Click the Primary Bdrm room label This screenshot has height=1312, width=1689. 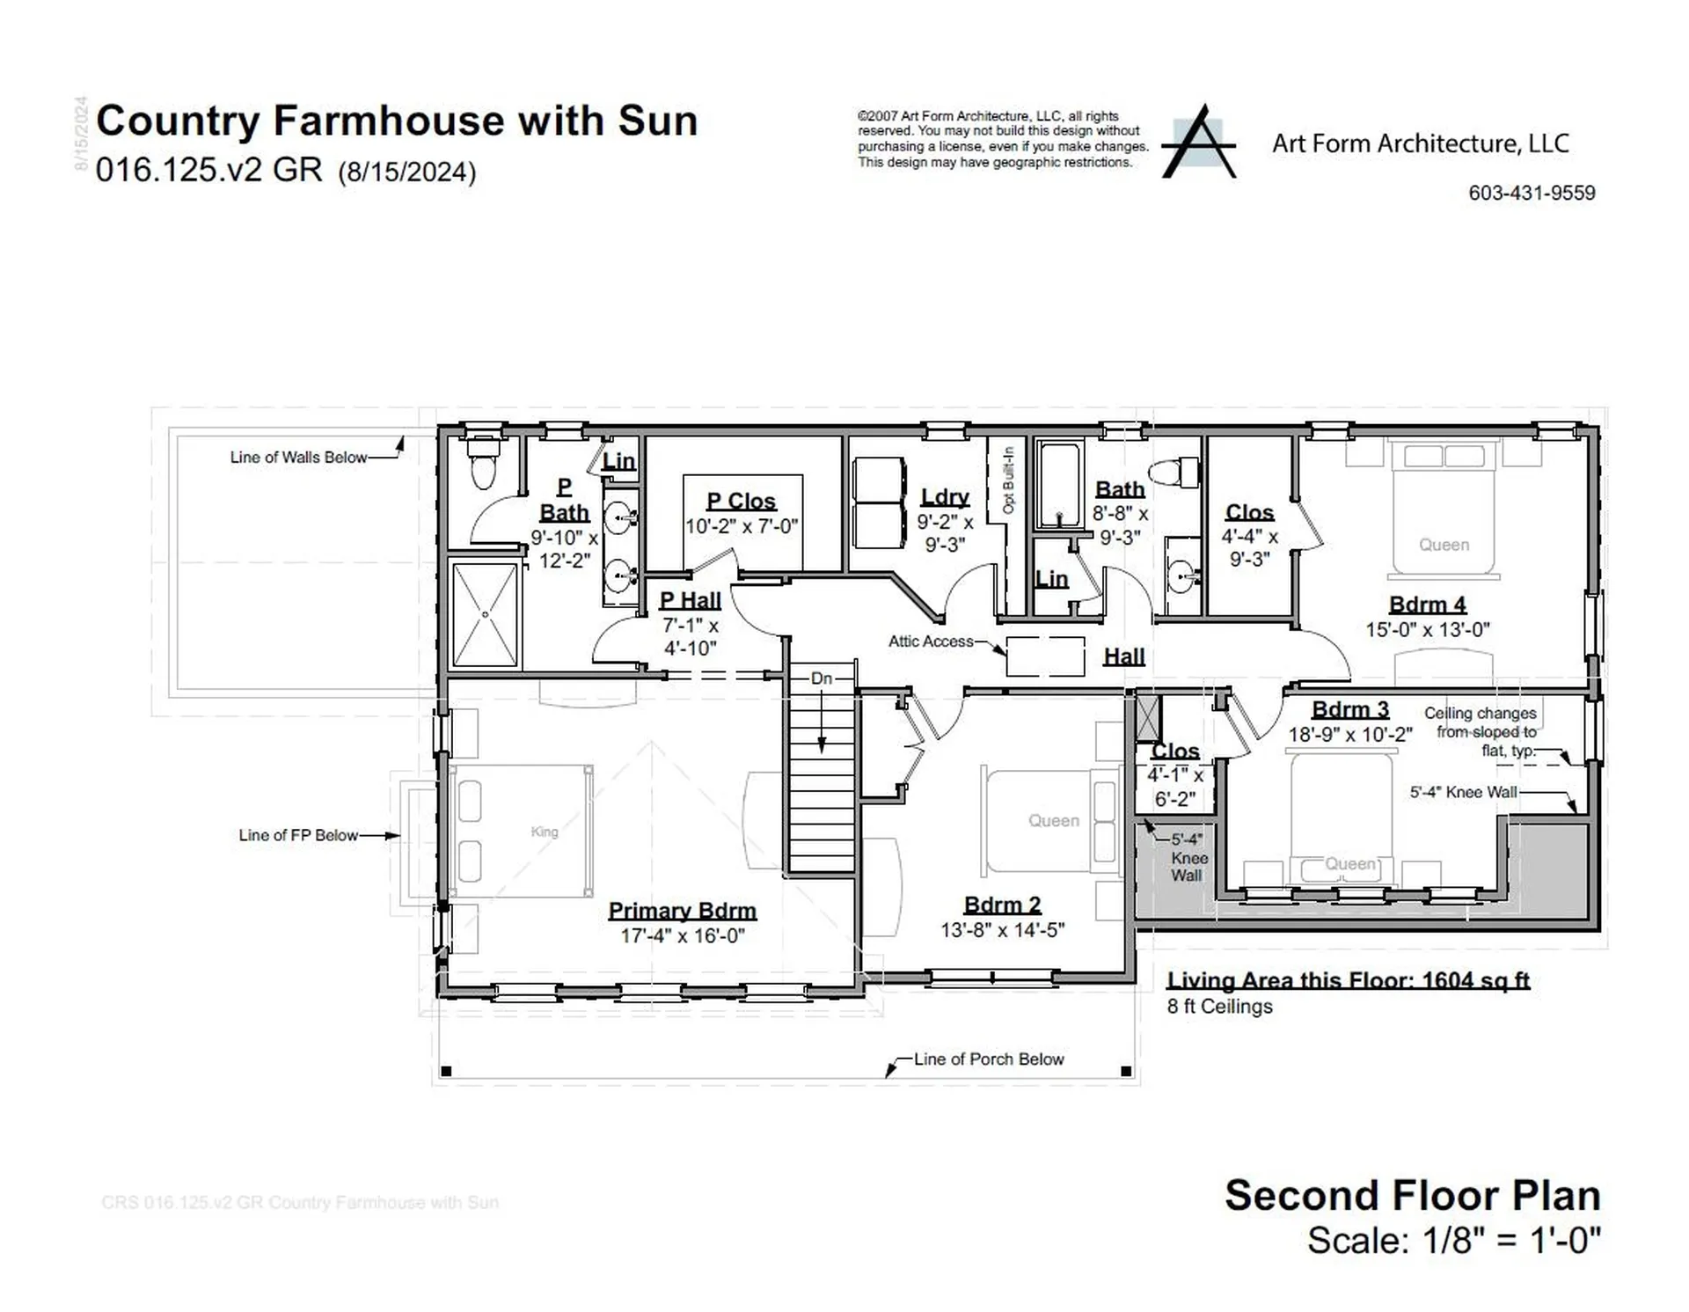click(682, 911)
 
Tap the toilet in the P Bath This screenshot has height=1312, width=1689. click(483, 463)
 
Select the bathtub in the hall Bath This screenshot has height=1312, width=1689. click(1058, 486)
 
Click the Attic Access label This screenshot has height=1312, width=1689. click(931, 641)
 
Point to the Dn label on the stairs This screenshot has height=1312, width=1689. click(821, 678)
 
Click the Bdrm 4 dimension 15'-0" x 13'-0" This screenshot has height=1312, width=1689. click(1427, 630)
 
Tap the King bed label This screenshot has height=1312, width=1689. click(545, 832)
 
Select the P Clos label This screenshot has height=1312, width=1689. click(741, 501)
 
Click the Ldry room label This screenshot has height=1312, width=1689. click(945, 497)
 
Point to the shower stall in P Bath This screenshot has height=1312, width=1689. click(485, 614)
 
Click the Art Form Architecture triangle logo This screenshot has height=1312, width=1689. click(1198, 143)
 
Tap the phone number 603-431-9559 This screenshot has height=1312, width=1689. click(1531, 193)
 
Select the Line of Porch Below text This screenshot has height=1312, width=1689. click(988, 1059)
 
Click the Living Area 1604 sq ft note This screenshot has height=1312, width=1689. click(1348, 980)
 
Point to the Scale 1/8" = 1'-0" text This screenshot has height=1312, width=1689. click(1453, 1241)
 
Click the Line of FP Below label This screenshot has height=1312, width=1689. click(298, 835)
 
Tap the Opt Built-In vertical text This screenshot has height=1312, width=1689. click(1008, 480)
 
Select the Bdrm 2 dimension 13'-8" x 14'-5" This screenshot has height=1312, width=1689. click(1002, 930)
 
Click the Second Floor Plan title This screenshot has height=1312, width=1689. click(1412, 1196)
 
